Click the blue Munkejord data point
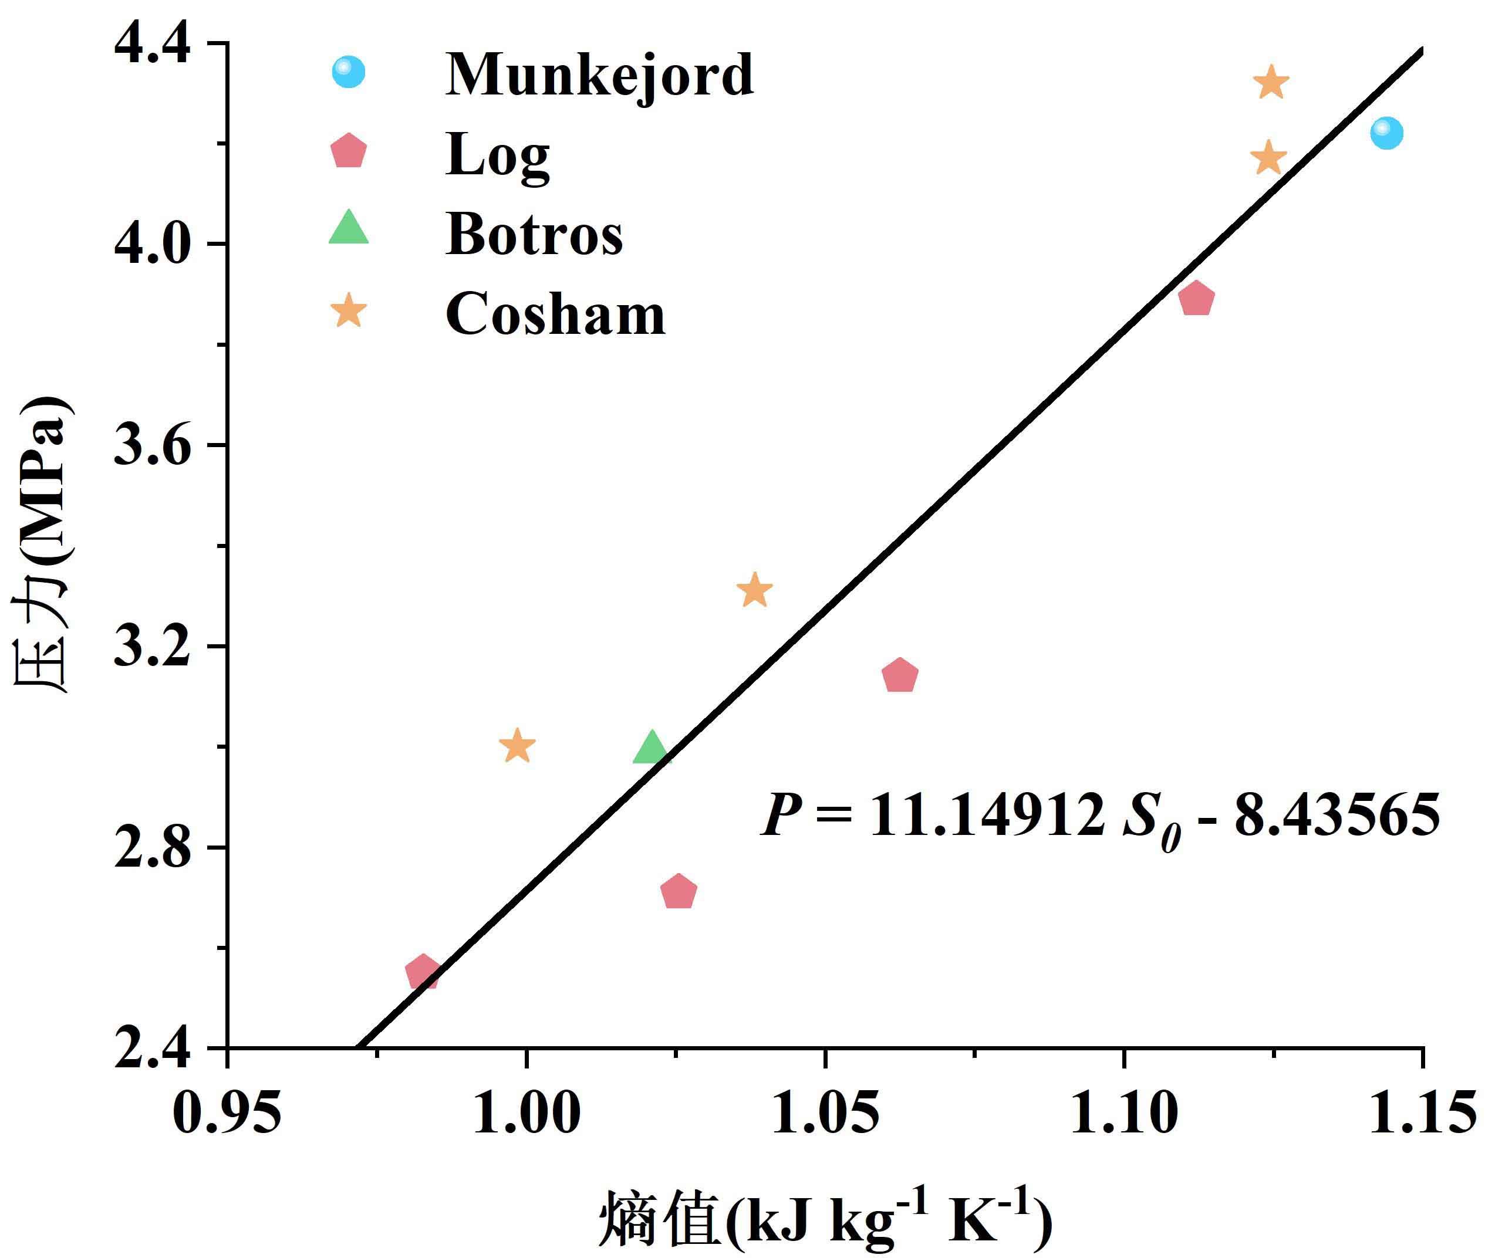click(1386, 133)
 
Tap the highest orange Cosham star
click(1270, 83)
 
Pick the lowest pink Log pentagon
click(422, 972)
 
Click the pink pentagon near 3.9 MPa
click(1196, 298)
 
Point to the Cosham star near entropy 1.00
click(517, 746)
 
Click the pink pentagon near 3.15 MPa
click(899, 675)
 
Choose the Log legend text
click(497, 155)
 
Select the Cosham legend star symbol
click(349, 311)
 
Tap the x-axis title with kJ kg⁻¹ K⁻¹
click(824, 1221)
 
